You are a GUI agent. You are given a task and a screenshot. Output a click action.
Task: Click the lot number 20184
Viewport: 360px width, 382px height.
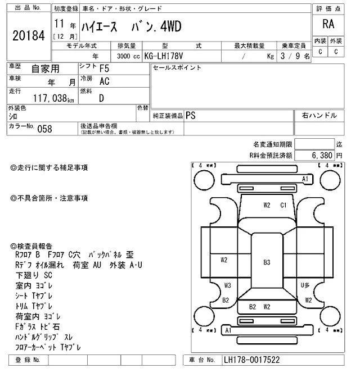coord(28,35)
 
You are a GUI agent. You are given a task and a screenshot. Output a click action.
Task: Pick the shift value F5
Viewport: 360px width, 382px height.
coord(105,69)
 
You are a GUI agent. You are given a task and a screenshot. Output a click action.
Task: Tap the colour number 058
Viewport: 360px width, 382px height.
coord(44,129)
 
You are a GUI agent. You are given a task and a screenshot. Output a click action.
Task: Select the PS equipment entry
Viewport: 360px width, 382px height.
coord(191,115)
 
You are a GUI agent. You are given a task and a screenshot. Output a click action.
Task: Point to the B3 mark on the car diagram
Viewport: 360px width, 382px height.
coord(267,262)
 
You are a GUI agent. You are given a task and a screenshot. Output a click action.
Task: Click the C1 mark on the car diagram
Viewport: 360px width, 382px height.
coord(283,205)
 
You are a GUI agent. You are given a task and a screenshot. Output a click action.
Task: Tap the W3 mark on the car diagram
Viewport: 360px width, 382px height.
coord(227,285)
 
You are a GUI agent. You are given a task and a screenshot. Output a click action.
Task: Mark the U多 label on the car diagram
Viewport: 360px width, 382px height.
coord(305,285)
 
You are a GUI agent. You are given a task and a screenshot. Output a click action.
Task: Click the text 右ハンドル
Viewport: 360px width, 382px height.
coord(319,115)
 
